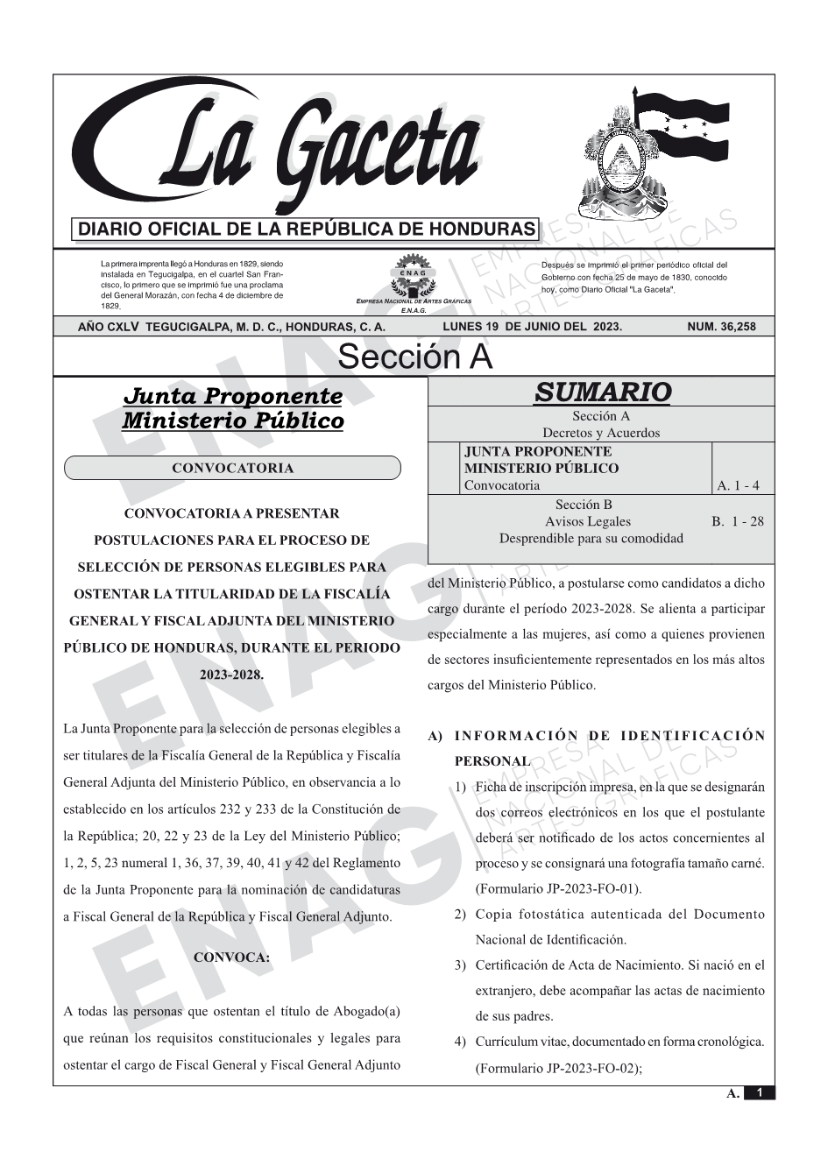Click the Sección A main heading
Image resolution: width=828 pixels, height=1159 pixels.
click(x=414, y=357)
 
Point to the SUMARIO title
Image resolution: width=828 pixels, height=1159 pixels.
click(x=602, y=392)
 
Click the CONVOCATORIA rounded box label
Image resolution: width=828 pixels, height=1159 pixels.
click(x=232, y=468)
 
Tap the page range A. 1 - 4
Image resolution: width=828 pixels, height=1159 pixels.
click(x=738, y=485)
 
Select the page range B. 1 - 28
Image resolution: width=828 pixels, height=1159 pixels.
click(x=737, y=521)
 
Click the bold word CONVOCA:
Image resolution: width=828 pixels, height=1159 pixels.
click(x=231, y=958)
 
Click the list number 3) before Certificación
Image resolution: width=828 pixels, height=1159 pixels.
click(x=460, y=965)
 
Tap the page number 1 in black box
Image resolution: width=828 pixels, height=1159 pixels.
click(x=760, y=1092)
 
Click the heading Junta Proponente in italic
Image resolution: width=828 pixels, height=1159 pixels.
click(x=232, y=396)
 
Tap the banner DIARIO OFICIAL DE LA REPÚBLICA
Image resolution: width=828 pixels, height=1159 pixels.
click(x=307, y=230)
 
